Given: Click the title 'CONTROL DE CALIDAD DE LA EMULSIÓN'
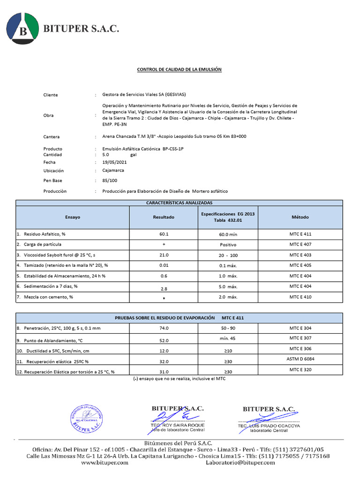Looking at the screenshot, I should pyautogui.click(x=179, y=69).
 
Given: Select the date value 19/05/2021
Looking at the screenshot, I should pyautogui.click(x=114, y=162).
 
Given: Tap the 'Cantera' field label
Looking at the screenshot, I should pyautogui.click(x=52, y=137).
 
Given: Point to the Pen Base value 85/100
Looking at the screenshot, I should pyautogui.click(x=110, y=180).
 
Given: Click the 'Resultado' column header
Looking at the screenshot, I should pyautogui.click(x=164, y=217).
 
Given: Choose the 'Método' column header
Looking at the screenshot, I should pyautogui.click(x=300, y=217).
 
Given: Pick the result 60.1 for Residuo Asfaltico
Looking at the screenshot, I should pyautogui.click(x=164, y=234).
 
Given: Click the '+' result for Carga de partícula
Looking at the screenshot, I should pyautogui.click(x=164, y=245).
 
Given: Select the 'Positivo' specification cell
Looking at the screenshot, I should pyautogui.click(x=228, y=245).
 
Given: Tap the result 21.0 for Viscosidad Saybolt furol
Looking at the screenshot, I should pyautogui.click(x=164, y=255).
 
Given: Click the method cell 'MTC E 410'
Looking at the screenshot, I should pyautogui.click(x=300, y=297).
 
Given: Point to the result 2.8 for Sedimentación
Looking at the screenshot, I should pyautogui.click(x=164, y=288).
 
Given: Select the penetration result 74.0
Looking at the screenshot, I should pyautogui.click(x=164, y=329).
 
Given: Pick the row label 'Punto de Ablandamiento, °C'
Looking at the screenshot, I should pyautogui.click(x=50, y=340).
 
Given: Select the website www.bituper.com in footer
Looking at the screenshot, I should pyautogui.click(x=105, y=463).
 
